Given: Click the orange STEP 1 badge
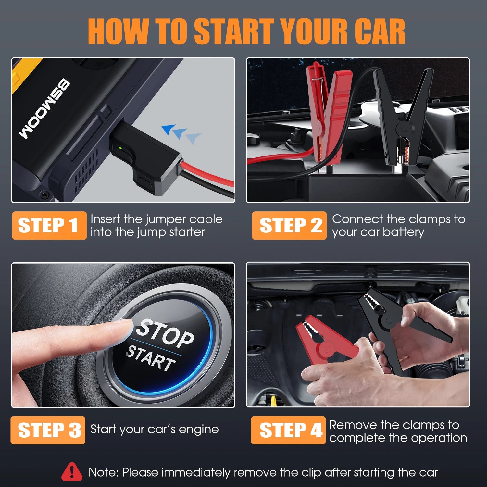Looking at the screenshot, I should pos(49,225).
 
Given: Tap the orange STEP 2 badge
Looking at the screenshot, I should pos(289,225).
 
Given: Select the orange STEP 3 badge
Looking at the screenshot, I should pos(48,430).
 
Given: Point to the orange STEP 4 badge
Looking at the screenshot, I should pos(288,430).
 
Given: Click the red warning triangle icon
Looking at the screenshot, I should pos(72,472).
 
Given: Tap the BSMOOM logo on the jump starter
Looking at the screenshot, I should pos(44,109).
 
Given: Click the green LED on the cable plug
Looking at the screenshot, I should pos(120,148).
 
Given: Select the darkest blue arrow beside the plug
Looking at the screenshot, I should pos(169,129).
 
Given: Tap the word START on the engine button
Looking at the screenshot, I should pos(150,358).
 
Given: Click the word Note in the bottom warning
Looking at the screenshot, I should pos(103,472).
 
